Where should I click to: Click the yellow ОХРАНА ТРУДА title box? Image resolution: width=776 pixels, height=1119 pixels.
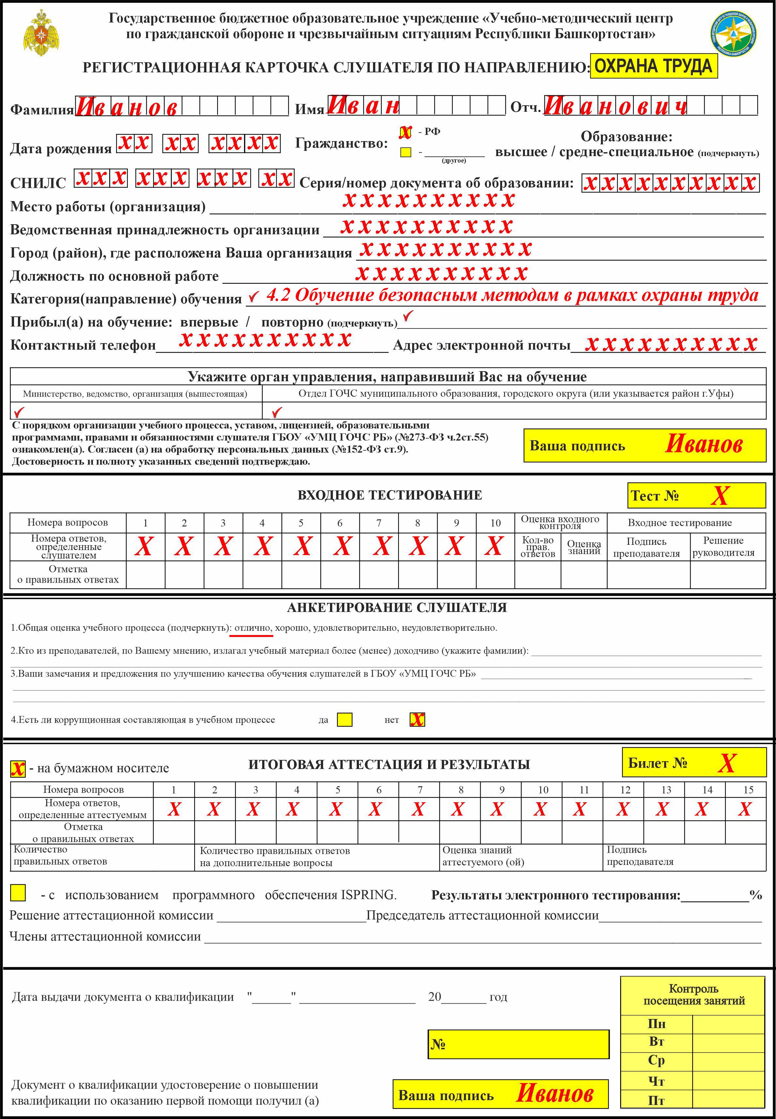point(653,66)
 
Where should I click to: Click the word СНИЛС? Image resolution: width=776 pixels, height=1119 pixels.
point(38,183)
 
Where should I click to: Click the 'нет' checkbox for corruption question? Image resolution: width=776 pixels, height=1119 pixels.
point(417,719)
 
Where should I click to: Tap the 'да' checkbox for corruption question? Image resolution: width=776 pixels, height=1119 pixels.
point(345,719)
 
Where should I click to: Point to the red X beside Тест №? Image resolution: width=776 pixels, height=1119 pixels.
point(720,496)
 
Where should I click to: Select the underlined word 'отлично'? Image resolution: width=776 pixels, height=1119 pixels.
point(252,628)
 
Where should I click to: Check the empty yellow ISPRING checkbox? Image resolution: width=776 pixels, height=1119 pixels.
point(18,893)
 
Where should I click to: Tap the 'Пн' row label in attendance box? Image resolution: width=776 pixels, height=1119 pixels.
point(656,1024)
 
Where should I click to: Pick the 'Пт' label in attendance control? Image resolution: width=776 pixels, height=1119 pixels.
point(656,1100)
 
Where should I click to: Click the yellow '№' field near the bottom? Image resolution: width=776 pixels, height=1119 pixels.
point(518,1044)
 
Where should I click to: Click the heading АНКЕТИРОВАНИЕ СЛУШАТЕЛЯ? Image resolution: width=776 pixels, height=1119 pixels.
point(397,607)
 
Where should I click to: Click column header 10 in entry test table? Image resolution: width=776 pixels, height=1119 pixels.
point(495,523)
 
